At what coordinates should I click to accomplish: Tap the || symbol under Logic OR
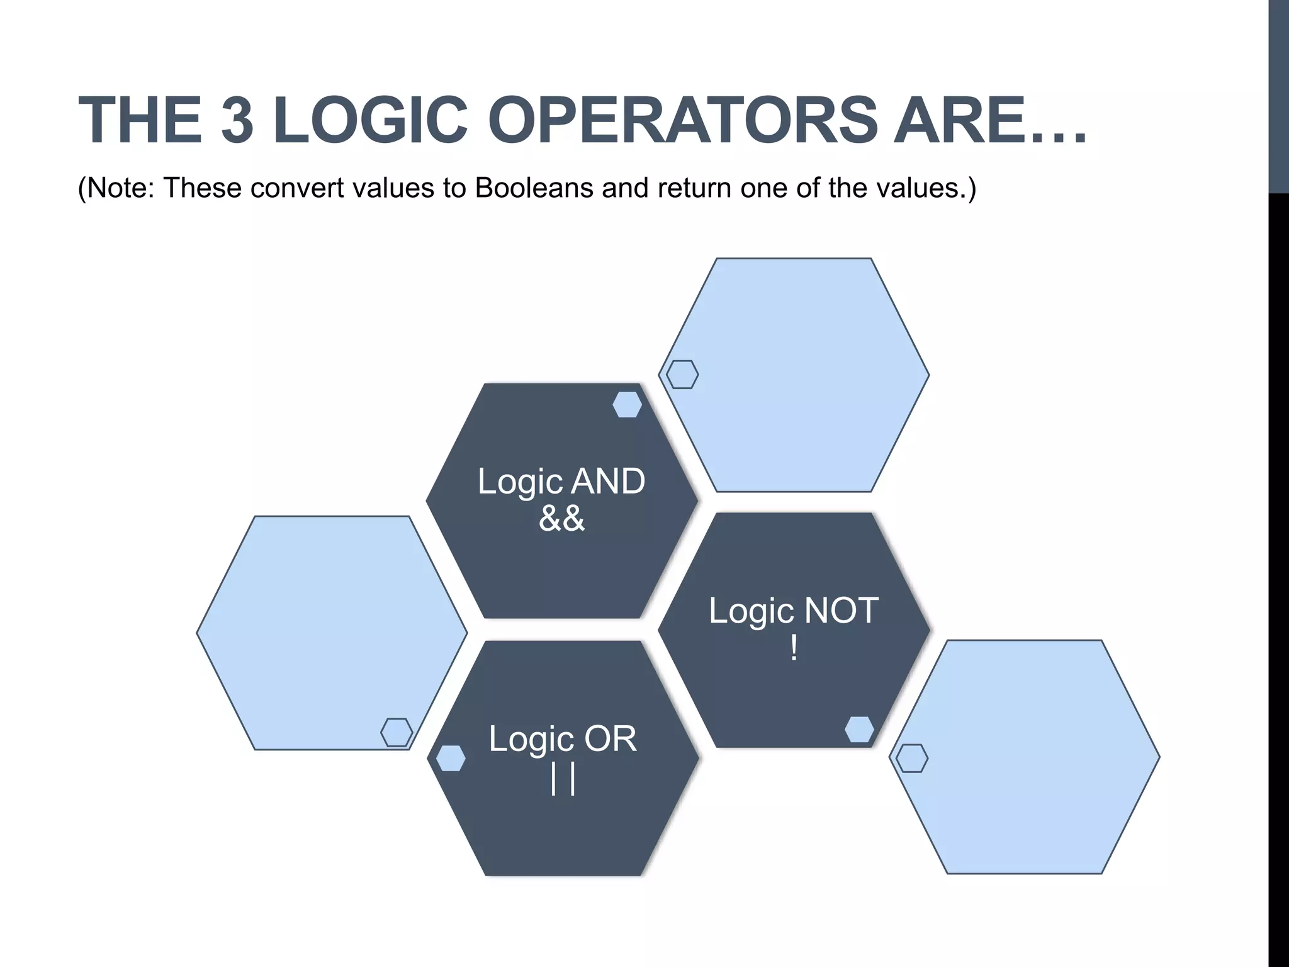563,779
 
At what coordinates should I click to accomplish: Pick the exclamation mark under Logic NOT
794,648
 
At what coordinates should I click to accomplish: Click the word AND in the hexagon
607,482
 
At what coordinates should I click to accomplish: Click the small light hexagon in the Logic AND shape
627,404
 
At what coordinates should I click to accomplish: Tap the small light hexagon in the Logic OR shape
451,758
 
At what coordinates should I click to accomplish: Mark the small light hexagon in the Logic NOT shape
859,730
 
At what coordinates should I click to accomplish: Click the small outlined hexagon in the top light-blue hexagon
682,375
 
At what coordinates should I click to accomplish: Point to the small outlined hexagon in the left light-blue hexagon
397,732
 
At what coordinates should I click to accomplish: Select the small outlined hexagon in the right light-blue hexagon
911,758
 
